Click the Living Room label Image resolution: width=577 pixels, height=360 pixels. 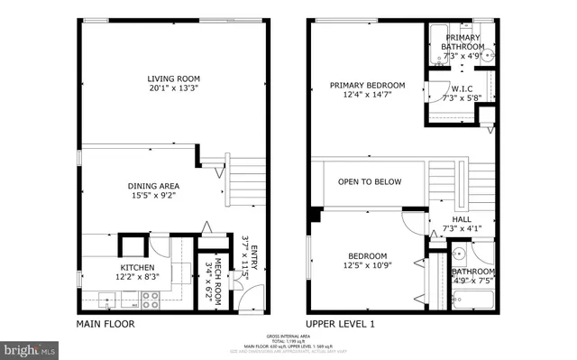[173, 78]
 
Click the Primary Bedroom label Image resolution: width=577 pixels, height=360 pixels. [367, 86]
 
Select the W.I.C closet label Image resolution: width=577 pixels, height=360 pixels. [463, 88]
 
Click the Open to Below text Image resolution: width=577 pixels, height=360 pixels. [370, 182]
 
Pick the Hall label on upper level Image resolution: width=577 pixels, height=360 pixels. [462, 219]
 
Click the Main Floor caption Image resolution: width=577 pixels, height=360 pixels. [105, 324]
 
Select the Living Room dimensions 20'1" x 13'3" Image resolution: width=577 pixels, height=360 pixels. [173, 89]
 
